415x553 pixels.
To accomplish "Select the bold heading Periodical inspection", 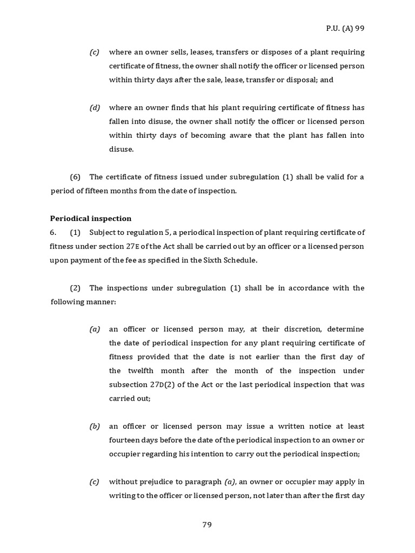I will point(91,218).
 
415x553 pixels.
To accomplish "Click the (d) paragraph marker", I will point(95,107).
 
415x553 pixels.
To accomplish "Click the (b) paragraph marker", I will point(95,426).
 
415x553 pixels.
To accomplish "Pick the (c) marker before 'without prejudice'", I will point(95,482).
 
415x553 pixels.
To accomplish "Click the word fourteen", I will point(125,440).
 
